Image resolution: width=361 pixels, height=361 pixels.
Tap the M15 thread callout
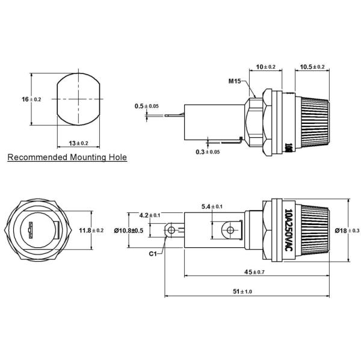(x=235, y=81)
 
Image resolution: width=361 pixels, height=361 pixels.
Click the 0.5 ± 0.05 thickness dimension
(x=147, y=106)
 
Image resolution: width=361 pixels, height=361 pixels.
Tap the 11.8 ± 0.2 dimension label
(x=91, y=230)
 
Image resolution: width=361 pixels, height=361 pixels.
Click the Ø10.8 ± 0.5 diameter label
(x=127, y=231)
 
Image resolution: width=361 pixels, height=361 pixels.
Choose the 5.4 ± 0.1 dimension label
(x=214, y=207)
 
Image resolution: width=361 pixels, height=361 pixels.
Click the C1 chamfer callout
(x=153, y=254)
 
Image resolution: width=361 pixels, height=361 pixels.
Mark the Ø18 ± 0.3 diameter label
(x=347, y=230)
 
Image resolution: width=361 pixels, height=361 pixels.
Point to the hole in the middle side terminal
(x=229, y=230)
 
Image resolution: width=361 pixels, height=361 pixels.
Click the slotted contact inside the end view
(x=30, y=231)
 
